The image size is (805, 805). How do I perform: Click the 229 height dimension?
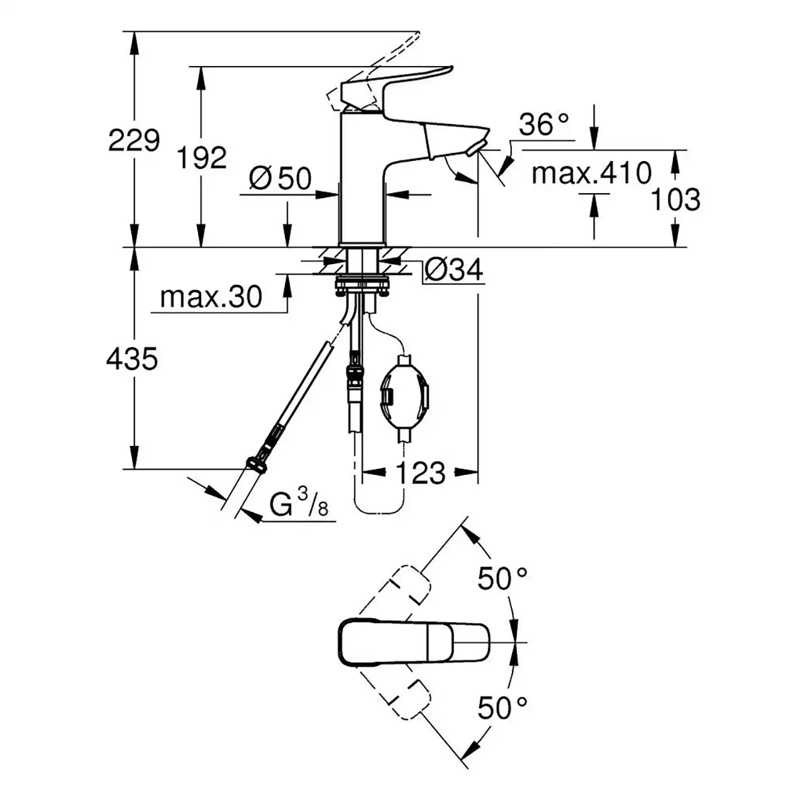pos(134,140)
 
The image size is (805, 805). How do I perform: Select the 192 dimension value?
pos(202,158)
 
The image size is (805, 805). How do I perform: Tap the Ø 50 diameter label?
pos(280,179)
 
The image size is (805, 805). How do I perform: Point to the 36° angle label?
pos(544,124)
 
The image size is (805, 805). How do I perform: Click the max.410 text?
pos(592,173)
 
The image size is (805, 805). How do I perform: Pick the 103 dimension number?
pos(675,199)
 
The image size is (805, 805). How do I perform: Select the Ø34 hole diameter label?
pos(454,269)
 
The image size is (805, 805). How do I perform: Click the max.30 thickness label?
pos(211,297)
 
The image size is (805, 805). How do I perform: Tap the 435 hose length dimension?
pos(132,358)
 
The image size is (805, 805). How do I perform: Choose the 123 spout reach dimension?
pos(420,474)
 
